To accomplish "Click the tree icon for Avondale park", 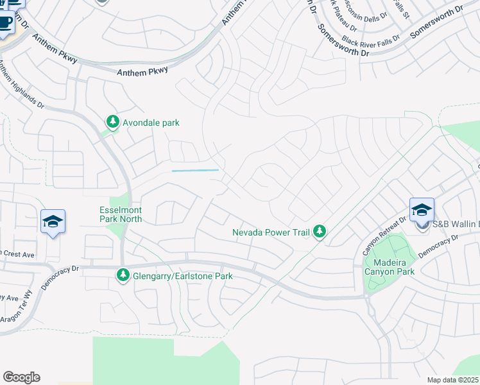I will (x=112, y=122).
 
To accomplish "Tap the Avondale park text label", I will (x=151, y=123).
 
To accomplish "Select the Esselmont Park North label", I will (x=121, y=214).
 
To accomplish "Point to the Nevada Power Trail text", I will (x=271, y=232).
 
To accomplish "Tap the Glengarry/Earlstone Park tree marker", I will (x=123, y=275).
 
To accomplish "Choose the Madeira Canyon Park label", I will (x=390, y=266).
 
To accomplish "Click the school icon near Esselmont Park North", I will (x=53, y=221).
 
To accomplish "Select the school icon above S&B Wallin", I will (x=422, y=209).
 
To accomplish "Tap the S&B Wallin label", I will (x=456, y=224).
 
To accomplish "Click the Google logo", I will (x=21, y=377).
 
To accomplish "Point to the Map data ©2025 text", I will (x=452, y=380).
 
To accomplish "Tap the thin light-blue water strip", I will (x=195, y=170).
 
